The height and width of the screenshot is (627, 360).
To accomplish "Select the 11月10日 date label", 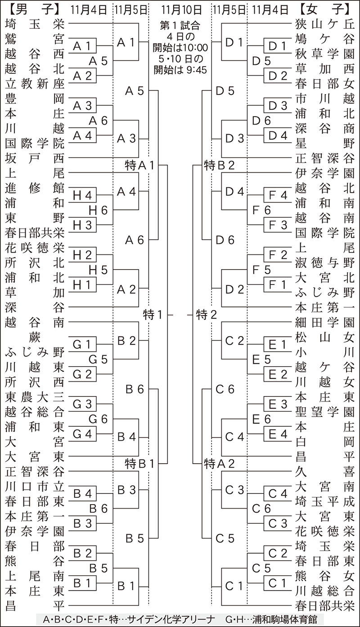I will [180, 9].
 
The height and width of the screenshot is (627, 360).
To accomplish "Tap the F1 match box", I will [278, 284].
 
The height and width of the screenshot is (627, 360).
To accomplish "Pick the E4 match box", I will [278, 434].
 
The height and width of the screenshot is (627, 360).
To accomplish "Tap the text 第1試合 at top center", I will [180, 25].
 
